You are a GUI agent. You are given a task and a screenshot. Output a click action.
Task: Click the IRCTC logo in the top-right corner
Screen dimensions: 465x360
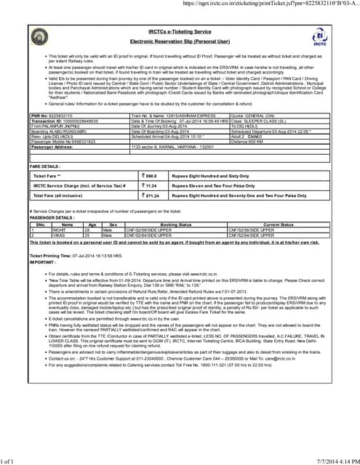tap(318, 36)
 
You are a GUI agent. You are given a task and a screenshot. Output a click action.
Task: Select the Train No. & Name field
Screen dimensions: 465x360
tap(164, 116)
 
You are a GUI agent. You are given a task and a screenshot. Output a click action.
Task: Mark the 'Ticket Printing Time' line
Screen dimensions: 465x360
tap(70, 256)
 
